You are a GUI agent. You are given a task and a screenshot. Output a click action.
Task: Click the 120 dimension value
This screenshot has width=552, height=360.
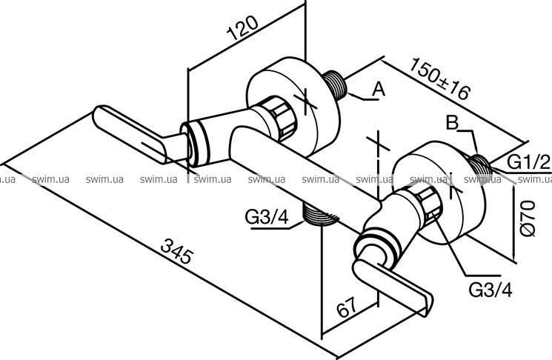[242, 28]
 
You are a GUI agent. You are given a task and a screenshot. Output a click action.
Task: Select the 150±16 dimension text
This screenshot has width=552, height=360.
[440, 79]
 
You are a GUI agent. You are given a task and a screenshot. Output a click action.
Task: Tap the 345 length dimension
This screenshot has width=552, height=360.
[177, 251]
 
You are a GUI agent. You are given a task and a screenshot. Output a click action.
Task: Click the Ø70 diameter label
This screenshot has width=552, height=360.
[528, 219]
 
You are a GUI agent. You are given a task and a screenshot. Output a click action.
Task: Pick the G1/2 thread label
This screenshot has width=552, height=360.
[528, 162]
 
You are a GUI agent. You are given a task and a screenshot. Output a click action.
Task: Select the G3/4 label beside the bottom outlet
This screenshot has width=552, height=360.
[267, 217]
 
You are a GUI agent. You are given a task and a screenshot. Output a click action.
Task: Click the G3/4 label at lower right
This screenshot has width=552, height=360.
[491, 290]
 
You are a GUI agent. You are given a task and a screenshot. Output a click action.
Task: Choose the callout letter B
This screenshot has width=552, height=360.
[453, 123]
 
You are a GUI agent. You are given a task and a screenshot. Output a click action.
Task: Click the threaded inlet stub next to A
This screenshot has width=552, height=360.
[335, 84]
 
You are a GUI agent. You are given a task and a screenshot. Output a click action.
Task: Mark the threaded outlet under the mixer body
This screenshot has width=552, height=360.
[318, 215]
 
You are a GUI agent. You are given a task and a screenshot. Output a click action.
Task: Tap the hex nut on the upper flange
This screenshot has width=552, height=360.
[281, 119]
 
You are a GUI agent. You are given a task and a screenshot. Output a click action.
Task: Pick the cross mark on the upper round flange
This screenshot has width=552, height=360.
[305, 101]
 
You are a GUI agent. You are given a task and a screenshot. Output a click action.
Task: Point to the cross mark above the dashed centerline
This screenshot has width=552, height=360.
[378, 141]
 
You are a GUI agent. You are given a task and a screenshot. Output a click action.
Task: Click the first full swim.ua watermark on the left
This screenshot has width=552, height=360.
[50, 179]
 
